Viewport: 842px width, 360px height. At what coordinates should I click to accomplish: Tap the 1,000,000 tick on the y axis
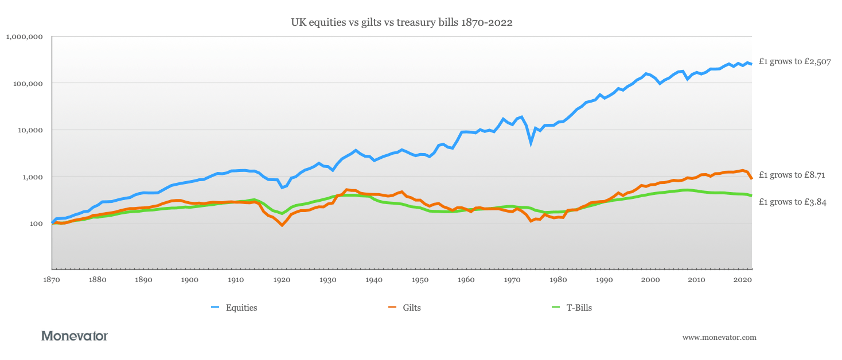point(24,37)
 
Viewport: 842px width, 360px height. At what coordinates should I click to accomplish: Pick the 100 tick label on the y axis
point(36,224)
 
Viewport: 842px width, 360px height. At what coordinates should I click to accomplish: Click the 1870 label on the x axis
point(52,280)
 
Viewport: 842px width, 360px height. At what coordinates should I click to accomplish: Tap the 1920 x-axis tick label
point(282,280)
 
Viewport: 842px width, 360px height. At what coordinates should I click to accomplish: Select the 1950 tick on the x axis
point(420,280)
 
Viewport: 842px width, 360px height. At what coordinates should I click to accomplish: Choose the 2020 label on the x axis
point(742,280)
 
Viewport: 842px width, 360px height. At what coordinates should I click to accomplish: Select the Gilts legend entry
point(411,308)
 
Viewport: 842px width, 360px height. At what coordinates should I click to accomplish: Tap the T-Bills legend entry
point(579,308)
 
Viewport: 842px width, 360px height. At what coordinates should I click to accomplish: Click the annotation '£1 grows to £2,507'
point(794,62)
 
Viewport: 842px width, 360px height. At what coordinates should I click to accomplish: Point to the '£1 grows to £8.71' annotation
point(792,175)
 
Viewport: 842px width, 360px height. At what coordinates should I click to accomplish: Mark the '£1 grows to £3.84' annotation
point(792,202)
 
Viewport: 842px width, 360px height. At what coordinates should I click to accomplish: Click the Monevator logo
point(75,336)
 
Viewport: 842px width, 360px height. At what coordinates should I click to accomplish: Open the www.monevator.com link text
point(719,338)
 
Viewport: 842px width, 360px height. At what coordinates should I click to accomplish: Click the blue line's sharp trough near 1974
point(531,143)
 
